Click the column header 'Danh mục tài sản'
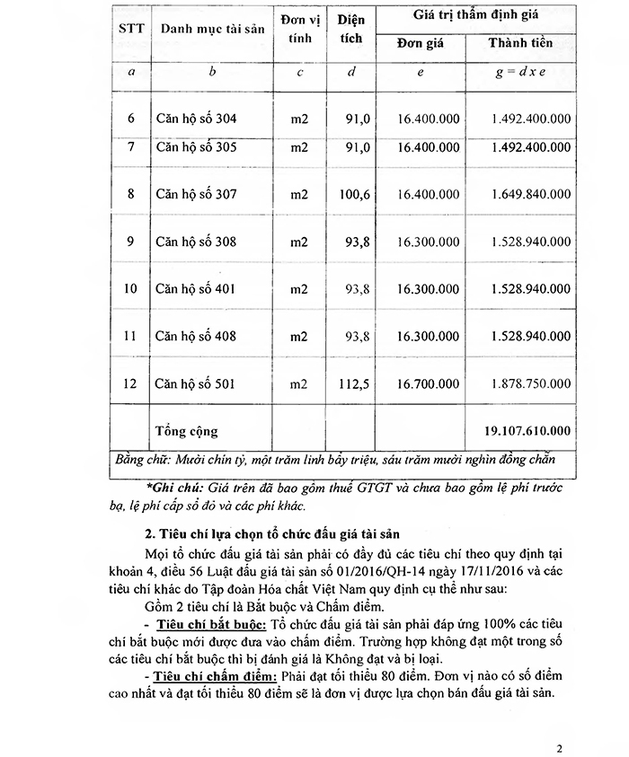[212, 30]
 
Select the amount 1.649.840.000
[531, 193]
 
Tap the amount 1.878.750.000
[531, 383]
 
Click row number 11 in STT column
[131, 336]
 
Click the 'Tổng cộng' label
[187, 431]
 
